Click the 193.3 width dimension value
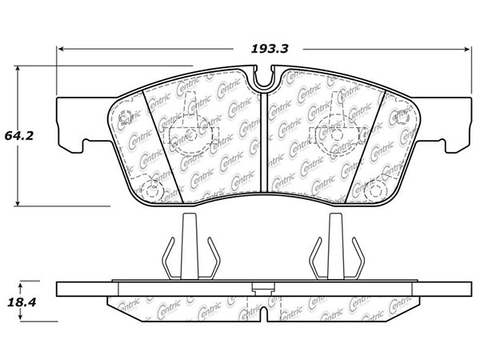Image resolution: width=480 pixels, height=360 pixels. [270, 49]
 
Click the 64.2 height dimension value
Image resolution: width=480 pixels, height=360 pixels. [19, 136]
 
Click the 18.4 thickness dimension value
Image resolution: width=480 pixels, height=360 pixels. [22, 302]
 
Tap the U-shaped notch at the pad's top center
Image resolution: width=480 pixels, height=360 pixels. [264, 78]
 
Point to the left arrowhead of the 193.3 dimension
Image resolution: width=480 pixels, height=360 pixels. [61, 49]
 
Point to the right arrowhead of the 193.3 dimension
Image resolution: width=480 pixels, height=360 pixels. [466, 49]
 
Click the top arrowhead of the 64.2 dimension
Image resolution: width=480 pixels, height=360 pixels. [18, 69]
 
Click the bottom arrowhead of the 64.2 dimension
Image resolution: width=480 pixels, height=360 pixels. [18, 202]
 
